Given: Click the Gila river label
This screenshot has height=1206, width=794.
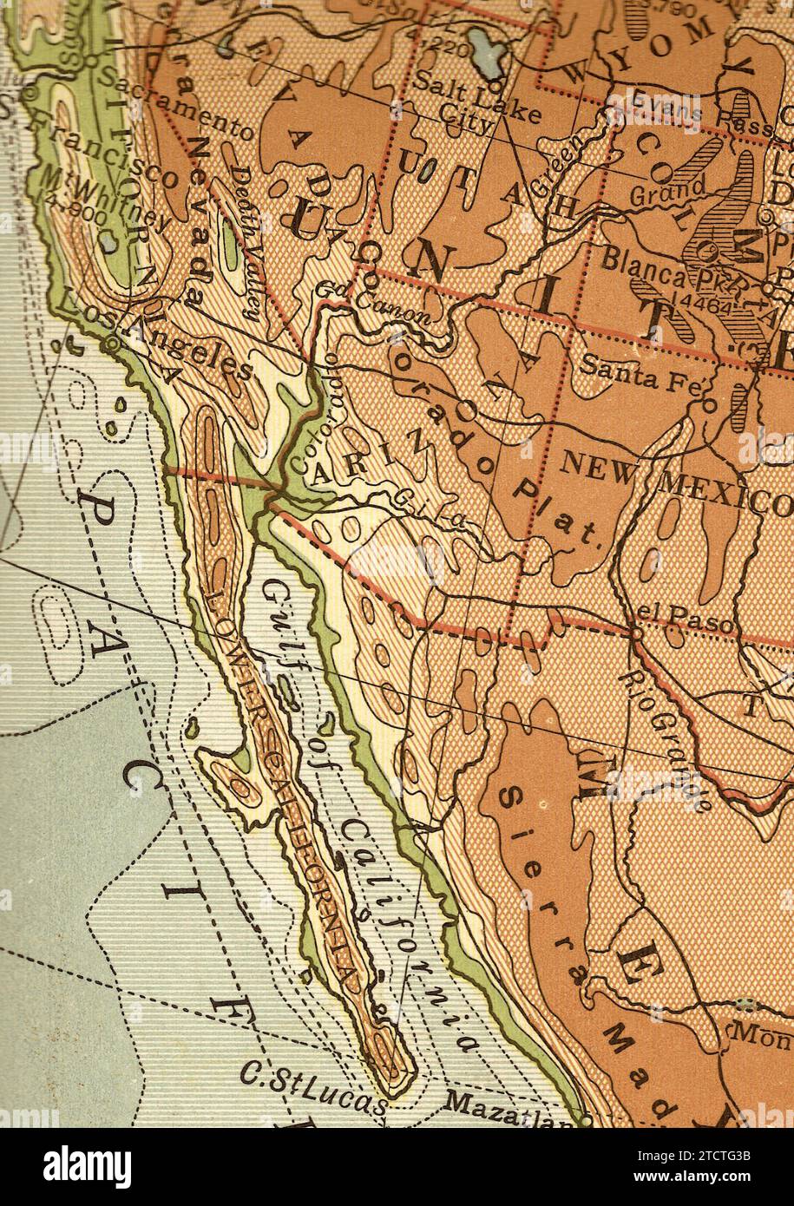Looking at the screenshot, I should [x=430, y=511].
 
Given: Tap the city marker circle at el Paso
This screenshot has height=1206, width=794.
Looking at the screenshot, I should [x=636, y=633].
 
